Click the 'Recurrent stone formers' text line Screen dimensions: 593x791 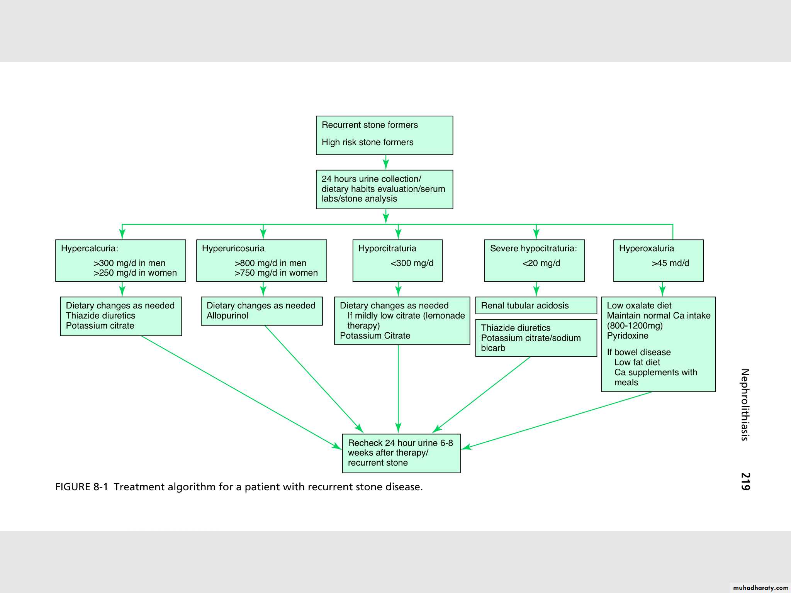pos(370,125)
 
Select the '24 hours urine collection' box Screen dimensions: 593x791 pos(384,189)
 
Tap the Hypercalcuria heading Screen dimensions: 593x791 pos(90,249)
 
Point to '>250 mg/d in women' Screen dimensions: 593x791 pos(135,273)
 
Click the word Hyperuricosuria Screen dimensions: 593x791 pos(233,249)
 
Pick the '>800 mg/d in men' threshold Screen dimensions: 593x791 pos(270,263)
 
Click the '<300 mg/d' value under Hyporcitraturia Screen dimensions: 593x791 pos(412,263)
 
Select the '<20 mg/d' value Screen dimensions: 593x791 pos(541,263)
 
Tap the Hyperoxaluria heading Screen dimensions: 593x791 pos(646,249)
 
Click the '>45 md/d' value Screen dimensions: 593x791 pos(670,263)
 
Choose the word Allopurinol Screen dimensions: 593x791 pos(227,316)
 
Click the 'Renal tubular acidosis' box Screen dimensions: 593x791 pos(536,305)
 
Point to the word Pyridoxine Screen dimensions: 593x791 pos(627,336)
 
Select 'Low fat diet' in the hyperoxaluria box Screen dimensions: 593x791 pos(637,363)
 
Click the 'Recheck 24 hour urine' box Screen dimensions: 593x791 pos(401,453)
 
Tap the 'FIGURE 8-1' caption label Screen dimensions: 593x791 pos(81,487)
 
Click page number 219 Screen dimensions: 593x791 pos(745,481)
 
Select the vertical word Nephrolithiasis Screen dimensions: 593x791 pos(745,405)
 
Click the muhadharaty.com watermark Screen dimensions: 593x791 pos(760,588)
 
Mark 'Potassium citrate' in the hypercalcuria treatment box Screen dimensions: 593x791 pos(100,326)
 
